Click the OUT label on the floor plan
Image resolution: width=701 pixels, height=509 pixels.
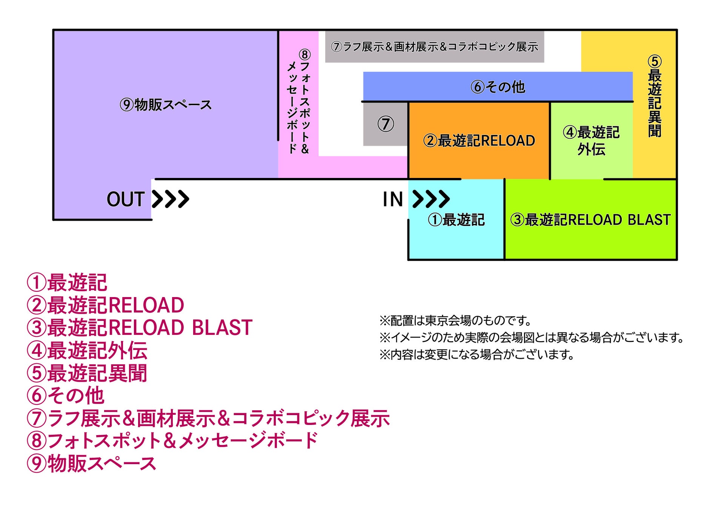point(126,199)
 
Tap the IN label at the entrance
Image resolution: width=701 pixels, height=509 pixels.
point(393,199)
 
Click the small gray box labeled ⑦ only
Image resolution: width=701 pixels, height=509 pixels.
point(385,124)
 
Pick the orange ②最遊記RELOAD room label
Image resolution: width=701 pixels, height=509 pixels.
point(479,141)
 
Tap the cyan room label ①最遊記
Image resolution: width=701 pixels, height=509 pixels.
point(456,220)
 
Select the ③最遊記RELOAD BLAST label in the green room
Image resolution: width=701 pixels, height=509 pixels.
point(590,220)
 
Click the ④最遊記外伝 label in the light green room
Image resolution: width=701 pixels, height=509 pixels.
point(591,141)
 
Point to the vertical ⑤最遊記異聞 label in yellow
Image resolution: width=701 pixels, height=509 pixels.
point(655,97)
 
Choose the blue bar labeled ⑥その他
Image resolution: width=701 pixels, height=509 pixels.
point(498,87)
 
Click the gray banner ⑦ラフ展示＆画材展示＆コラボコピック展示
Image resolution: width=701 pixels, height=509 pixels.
point(435,47)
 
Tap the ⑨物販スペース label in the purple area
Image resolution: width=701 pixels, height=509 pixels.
point(166,105)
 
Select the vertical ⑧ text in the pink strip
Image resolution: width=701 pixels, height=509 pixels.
point(298,102)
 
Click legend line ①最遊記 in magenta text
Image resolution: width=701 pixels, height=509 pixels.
point(67,282)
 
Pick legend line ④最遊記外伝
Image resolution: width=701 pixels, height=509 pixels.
point(87,350)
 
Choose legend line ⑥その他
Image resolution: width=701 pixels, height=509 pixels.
point(65,396)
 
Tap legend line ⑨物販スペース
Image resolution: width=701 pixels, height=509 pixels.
point(91,463)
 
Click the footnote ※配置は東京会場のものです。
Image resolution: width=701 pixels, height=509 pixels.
point(455,320)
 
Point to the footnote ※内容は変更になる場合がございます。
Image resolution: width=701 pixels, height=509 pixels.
point(477,354)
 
